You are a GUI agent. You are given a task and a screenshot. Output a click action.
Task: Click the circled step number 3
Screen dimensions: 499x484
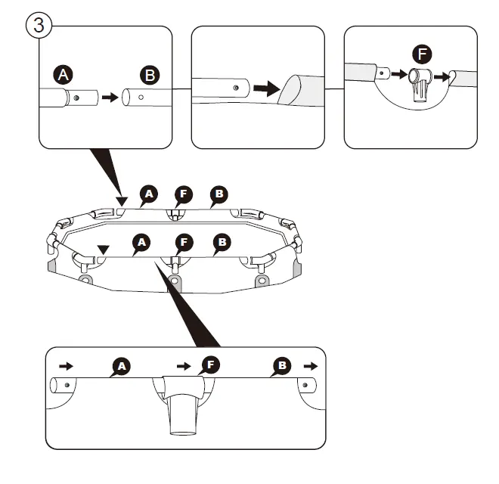pos(39,25)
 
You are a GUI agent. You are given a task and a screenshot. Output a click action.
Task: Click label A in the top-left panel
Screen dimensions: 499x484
pos(63,75)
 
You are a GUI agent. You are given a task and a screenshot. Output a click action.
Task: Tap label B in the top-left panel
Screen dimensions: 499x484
pos(150,75)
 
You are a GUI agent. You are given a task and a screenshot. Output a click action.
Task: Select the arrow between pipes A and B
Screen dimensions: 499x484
pos(110,97)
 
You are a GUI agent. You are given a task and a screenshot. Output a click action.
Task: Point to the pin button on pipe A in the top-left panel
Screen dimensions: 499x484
pos(76,98)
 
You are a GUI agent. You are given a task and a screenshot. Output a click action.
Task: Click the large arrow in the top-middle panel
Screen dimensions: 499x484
pos(267,88)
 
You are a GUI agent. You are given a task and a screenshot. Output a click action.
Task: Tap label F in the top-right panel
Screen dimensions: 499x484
pos(422,54)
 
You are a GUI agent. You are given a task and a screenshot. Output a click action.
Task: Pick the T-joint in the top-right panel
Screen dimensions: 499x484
pos(420,85)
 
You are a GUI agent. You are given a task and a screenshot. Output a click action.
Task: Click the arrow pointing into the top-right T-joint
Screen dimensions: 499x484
pos(399,75)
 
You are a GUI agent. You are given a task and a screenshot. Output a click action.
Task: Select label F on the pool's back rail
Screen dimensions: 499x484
pos(184,194)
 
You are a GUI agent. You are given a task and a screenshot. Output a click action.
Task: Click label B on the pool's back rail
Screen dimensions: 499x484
pos(219,194)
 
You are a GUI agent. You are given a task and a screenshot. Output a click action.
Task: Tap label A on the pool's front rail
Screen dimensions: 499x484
pos(141,243)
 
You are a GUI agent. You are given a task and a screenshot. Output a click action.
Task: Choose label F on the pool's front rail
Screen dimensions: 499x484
pos(184,243)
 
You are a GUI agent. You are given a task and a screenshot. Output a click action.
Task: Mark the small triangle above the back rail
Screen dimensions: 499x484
pos(122,201)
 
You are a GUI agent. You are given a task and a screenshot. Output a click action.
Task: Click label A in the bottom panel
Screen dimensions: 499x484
pos(122,367)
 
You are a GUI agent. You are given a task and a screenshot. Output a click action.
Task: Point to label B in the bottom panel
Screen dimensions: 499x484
pos(282,366)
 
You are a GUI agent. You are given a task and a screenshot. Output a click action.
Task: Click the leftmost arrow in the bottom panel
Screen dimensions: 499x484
pos(67,366)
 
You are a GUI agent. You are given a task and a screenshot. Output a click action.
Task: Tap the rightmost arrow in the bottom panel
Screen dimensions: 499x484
pos(311,366)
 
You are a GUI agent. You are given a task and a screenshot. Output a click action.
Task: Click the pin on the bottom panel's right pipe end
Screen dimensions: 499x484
pos(305,385)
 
